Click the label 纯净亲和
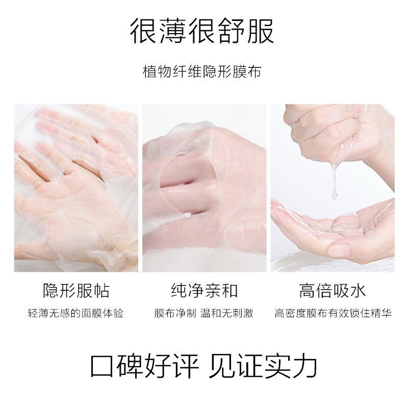[203, 291]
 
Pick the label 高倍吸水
[332, 291]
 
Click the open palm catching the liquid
[326, 224]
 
